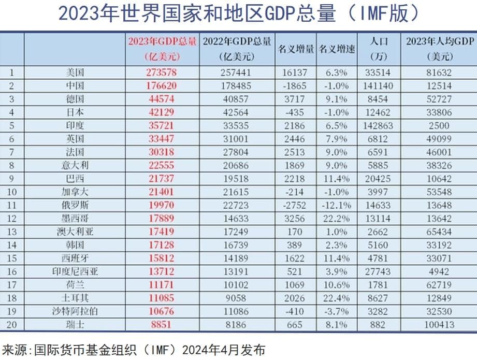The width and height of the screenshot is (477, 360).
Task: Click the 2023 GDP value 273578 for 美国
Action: [163, 73]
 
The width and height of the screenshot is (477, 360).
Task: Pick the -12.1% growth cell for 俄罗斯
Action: [337, 205]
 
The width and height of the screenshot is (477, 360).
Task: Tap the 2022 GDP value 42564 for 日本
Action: [236, 112]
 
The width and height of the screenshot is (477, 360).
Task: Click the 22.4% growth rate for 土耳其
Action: [337, 298]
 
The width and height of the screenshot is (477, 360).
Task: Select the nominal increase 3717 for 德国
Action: [296, 99]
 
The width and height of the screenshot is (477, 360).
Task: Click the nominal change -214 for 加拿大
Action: [296, 192]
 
